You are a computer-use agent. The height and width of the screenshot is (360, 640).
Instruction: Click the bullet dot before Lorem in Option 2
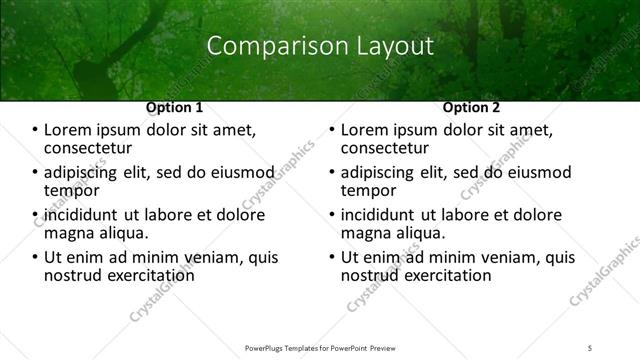pyautogui.click(x=333, y=130)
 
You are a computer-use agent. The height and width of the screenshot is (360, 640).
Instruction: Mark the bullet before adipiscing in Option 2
pyautogui.click(x=333, y=173)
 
